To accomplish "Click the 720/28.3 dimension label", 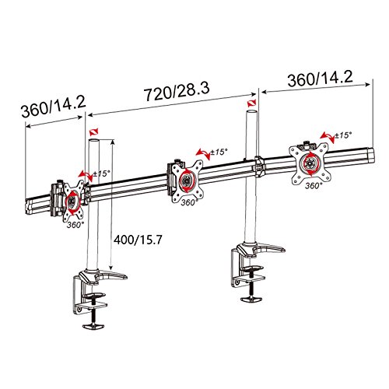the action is coord(177,92).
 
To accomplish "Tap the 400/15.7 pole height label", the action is coord(138,240).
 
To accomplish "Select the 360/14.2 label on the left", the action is coord(54,107).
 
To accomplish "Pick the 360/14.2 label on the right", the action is coord(321,79).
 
